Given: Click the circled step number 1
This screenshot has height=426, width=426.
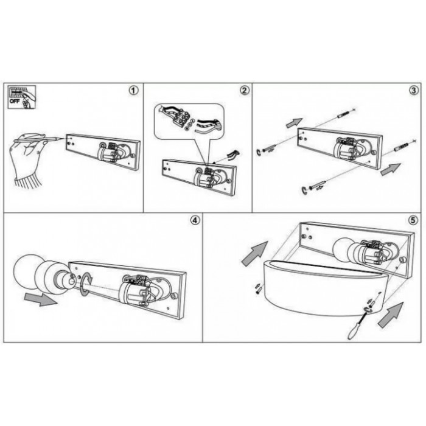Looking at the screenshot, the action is [133, 91].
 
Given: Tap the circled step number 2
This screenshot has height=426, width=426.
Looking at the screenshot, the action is [245, 91].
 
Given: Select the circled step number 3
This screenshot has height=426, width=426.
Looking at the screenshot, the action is [414, 91].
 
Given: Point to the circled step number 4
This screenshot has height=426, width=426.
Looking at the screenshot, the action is [195, 220].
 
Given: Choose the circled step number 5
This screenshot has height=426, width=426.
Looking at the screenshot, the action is [413, 220].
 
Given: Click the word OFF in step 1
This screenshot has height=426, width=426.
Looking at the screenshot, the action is [15, 102].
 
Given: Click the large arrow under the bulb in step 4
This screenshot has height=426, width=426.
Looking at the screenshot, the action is [41, 299].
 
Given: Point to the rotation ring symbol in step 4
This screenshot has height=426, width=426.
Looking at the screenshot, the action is [86, 285].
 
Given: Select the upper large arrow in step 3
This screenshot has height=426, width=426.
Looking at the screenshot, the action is [295, 123].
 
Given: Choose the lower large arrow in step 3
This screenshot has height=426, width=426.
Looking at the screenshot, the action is [391, 169].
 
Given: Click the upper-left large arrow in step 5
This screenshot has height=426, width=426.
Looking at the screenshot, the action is [255, 253].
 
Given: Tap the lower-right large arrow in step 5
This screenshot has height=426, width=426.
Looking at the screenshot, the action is [391, 315].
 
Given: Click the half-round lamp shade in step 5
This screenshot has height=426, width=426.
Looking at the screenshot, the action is [324, 288].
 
